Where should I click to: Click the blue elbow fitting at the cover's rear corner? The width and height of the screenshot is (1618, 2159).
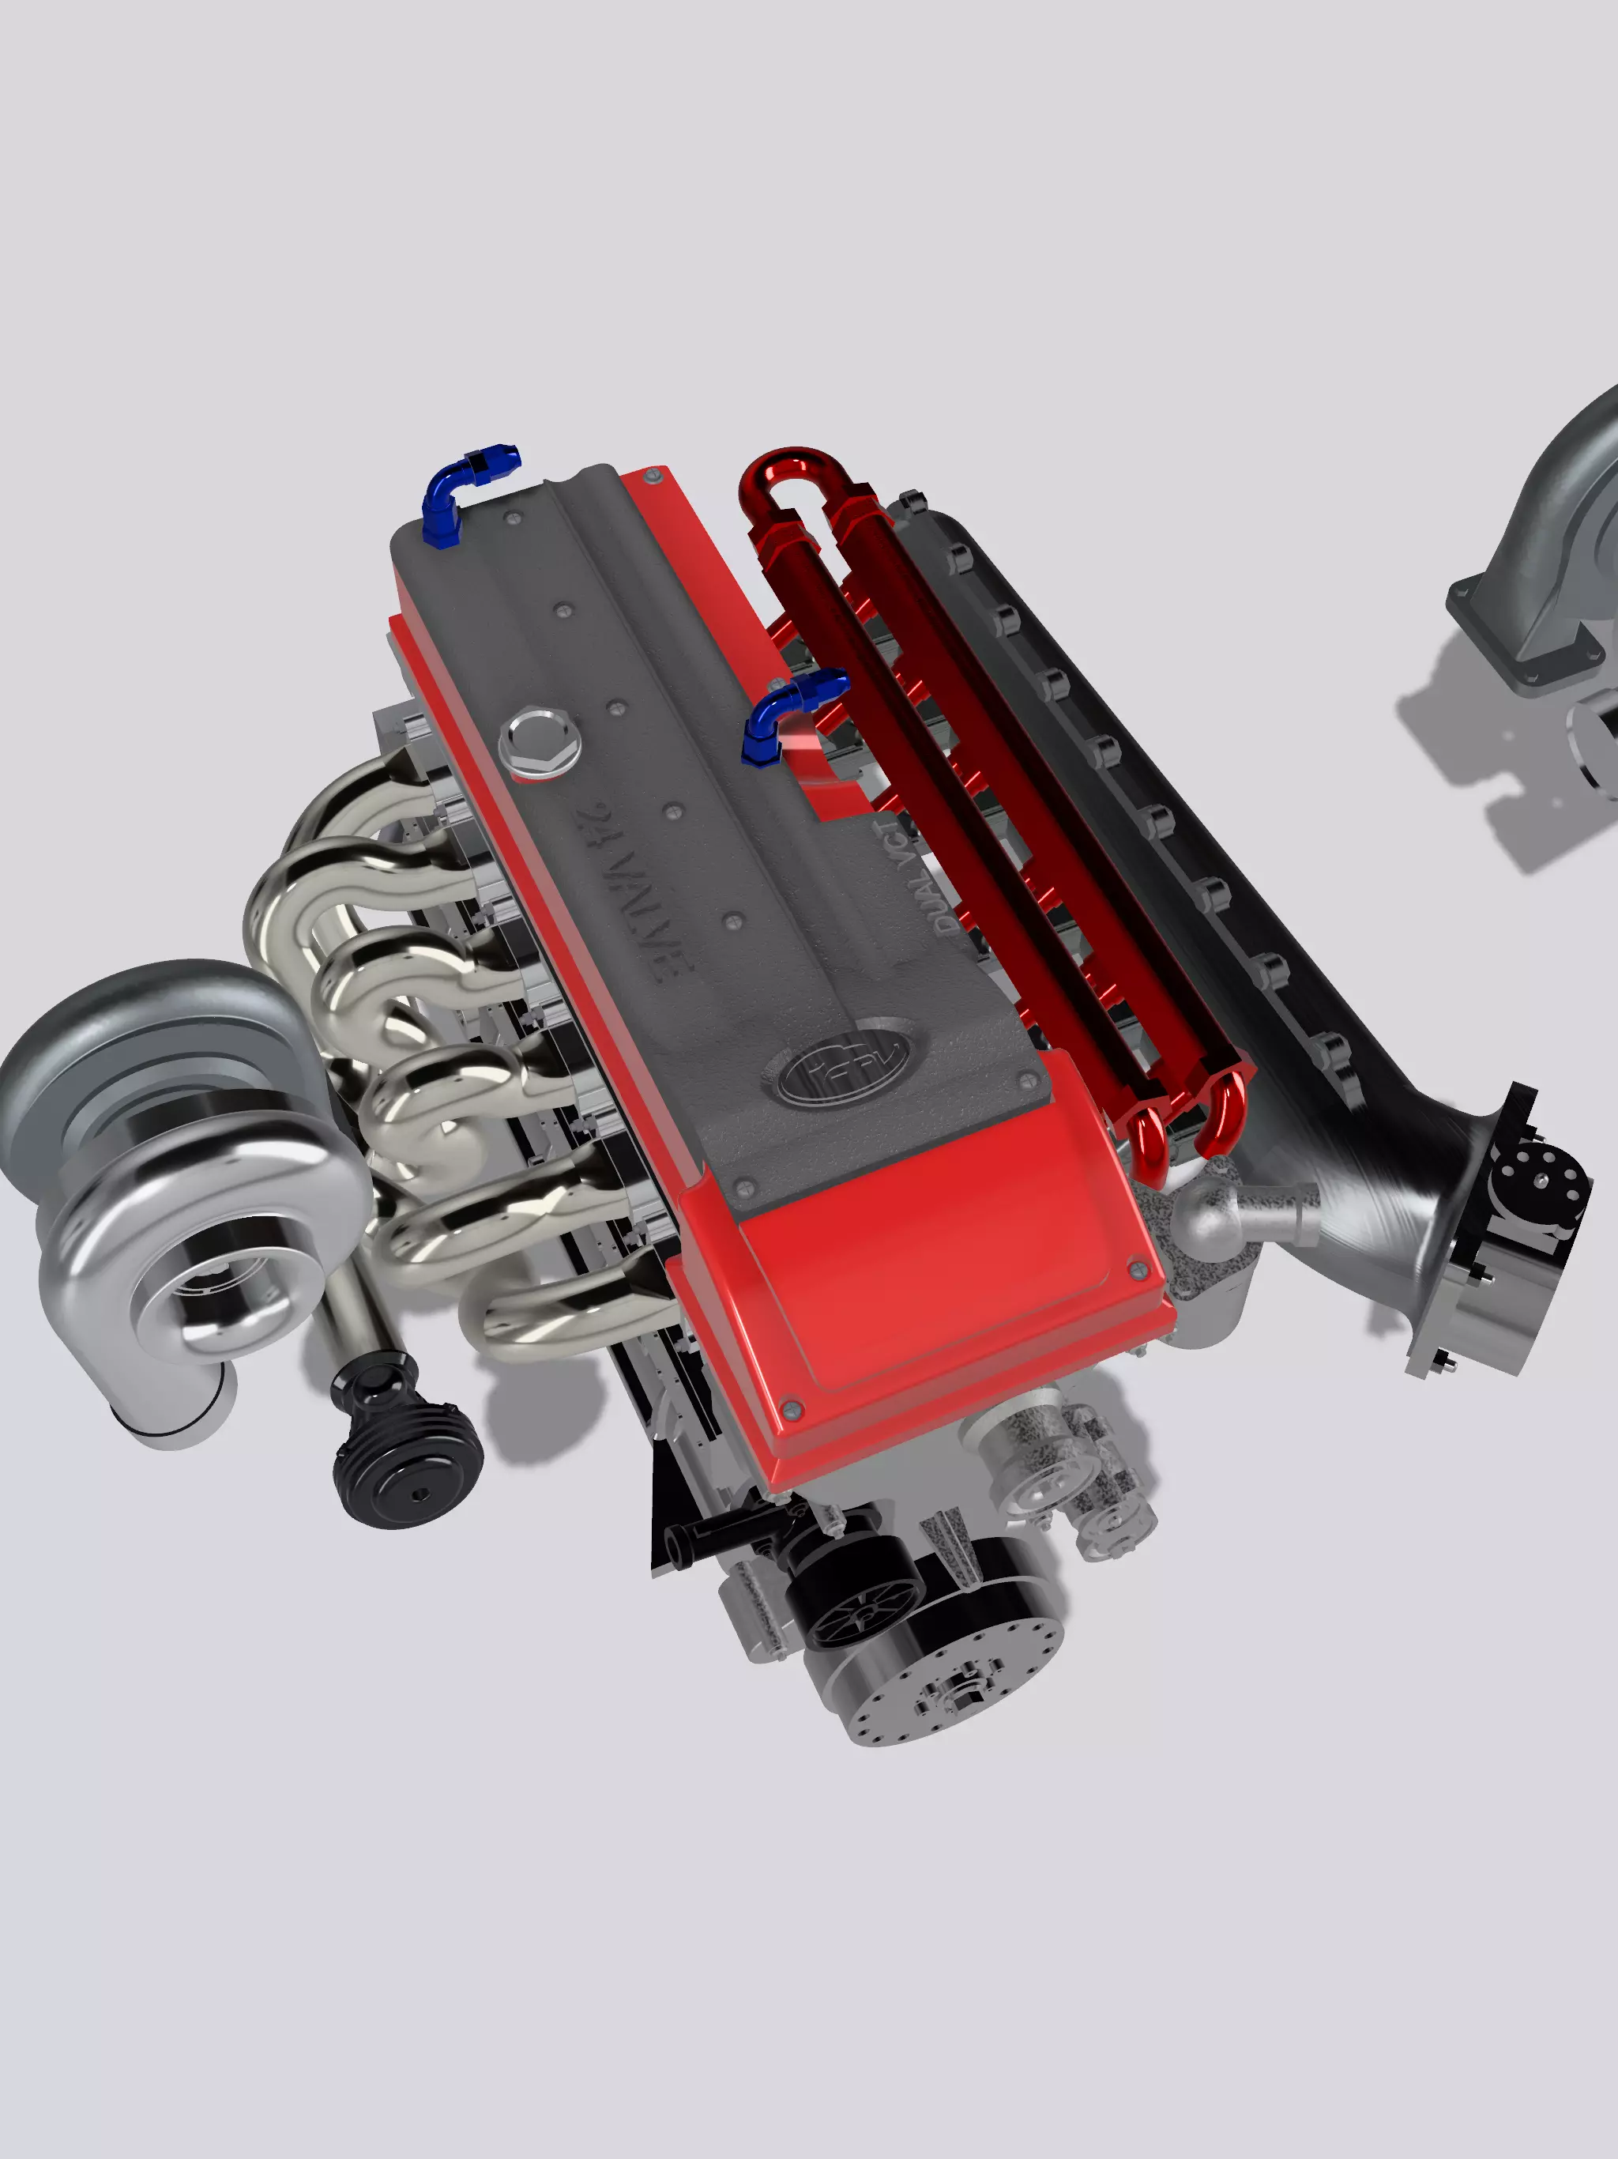tap(459, 493)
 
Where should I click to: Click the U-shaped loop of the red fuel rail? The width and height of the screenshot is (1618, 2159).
tap(785, 478)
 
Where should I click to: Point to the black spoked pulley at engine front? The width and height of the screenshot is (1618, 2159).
tap(859, 1601)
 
